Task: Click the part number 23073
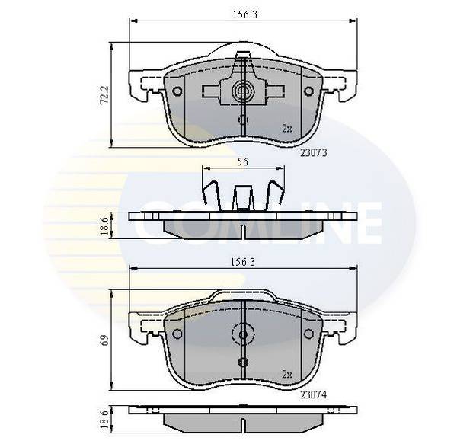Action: click(x=314, y=152)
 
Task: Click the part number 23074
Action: click(x=314, y=395)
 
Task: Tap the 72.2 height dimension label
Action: click(x=104, y=94)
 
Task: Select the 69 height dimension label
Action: click(x=105, y=340)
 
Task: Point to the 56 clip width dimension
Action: click(x=242, y=161)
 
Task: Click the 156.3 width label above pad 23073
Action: click(x=244, y=14)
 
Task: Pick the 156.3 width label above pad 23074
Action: click(x=243, y=262)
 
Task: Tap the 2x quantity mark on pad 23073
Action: click(x=287, y=129)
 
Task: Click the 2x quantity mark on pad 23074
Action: click(x=287, y=375)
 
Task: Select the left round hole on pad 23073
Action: click(x=177, y=91)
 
